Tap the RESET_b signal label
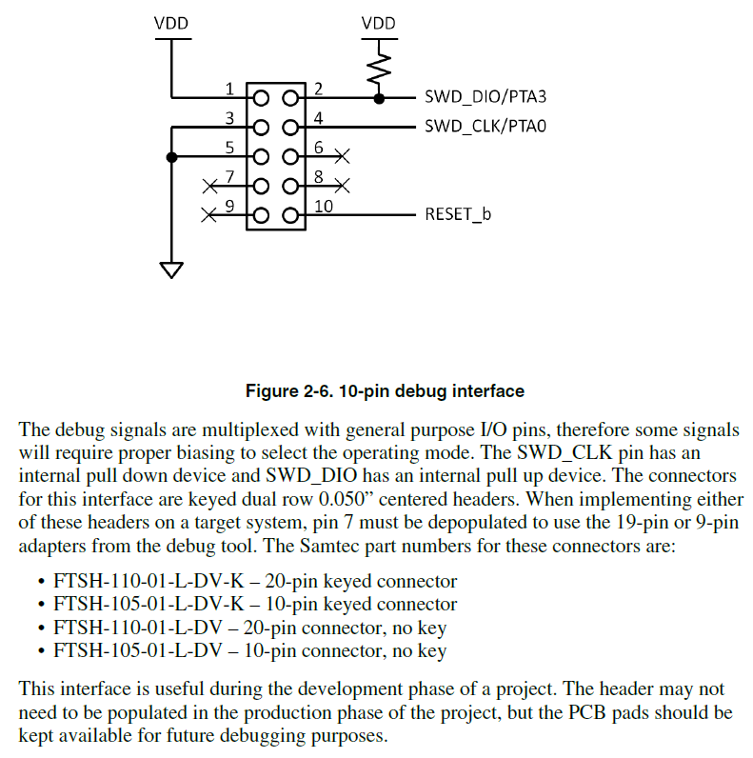coord(458,214)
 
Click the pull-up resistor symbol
coord(380,68)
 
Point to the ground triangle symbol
coord(171,269)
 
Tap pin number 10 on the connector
coord(322,206)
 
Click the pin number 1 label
coord(229,90)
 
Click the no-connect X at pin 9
coord(208,215)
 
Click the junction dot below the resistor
coord(380,97)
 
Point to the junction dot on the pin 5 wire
coord(171,156)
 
